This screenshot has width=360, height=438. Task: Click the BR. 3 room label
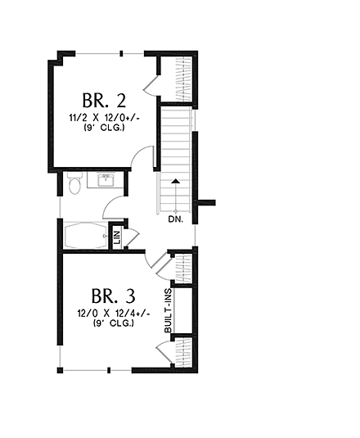click(x=114, y=295)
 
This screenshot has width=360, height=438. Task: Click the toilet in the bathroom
click(x=74, y=186)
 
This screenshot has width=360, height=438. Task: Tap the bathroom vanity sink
click(x=106, y=179)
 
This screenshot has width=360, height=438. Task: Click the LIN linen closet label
click(x=117, y=237)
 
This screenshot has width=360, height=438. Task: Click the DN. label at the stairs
click(x=175, y=219)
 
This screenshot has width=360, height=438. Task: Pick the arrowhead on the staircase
click(x=175, y=182)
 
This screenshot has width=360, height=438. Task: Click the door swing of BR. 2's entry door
click(x=144, y=157)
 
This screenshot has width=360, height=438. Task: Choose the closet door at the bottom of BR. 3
click(x=164, y=353)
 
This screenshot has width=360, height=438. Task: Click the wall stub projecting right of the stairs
click(x=205, y=201)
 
